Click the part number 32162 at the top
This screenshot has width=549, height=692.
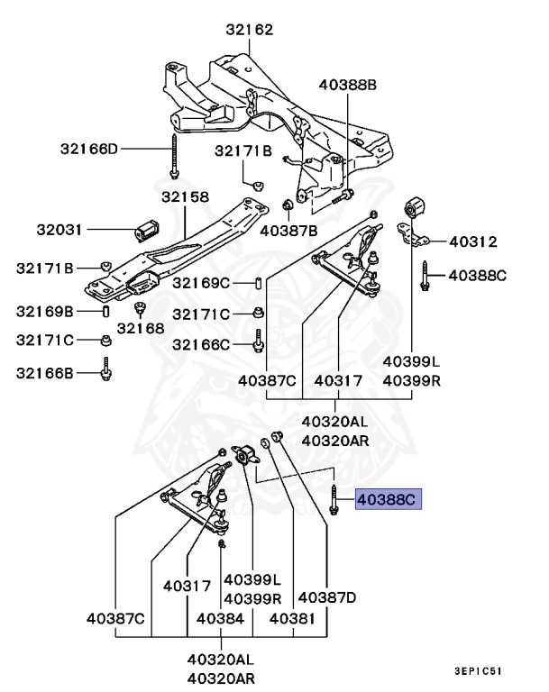tap(250, 30)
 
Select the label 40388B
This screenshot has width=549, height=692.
tap(347, 86)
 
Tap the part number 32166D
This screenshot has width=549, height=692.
tap(89, 148)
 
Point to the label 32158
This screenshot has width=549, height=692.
tap(185, 196)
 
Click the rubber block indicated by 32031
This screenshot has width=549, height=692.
tap(146, 231)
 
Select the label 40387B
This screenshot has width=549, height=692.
tap(288, 231)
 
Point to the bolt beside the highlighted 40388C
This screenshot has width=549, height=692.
tap(334, 498)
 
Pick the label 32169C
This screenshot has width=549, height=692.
tap(202, 283)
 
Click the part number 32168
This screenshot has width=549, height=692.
tap(141, 329)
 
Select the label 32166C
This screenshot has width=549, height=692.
tap(202, 344)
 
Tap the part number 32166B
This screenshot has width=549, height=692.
tap(45, 370)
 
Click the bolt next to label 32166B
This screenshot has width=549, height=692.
tap(106, 369)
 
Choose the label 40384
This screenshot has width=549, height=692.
tap(220, 619)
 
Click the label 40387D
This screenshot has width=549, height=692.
tap(327, 596)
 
